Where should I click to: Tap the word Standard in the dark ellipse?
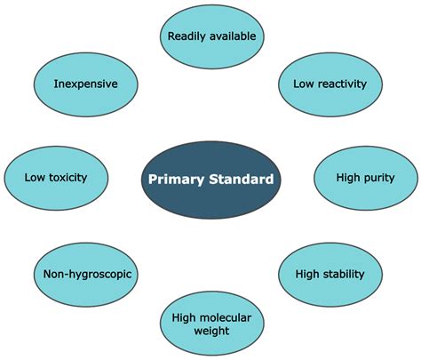click(242, 180)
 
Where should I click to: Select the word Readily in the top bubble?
click(187, 36)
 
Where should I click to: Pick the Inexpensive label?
click(85, 84)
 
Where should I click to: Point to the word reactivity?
click(342, 84)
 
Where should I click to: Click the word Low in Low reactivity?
click(304, 84)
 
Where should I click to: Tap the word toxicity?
click(68, 178)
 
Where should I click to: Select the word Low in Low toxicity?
click(35, 178)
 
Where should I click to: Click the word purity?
click(379, 179)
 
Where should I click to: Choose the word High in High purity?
click(348, 178)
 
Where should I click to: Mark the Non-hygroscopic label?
click(87, 275)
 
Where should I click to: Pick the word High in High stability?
click(307, 274)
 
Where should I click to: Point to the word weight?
click(211, 331)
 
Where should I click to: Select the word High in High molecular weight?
click(184, 318)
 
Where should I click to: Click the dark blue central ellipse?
click(210, 180)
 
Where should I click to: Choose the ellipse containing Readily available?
click(212, 36)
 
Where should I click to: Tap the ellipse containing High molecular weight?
click(212, 324)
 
